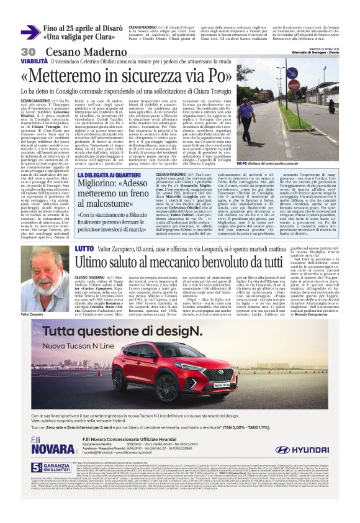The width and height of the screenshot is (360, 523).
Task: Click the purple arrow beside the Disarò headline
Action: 30,32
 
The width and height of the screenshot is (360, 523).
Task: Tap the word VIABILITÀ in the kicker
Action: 33,63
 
